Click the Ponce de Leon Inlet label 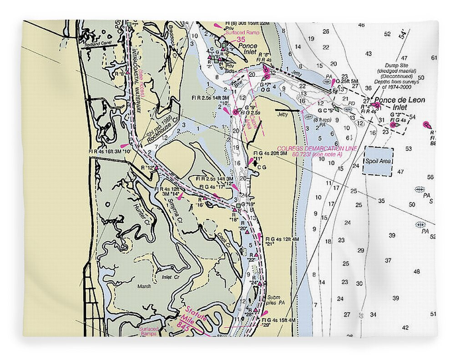[399, 103]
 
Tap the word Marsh [144, 287]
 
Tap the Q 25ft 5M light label [350, 81]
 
